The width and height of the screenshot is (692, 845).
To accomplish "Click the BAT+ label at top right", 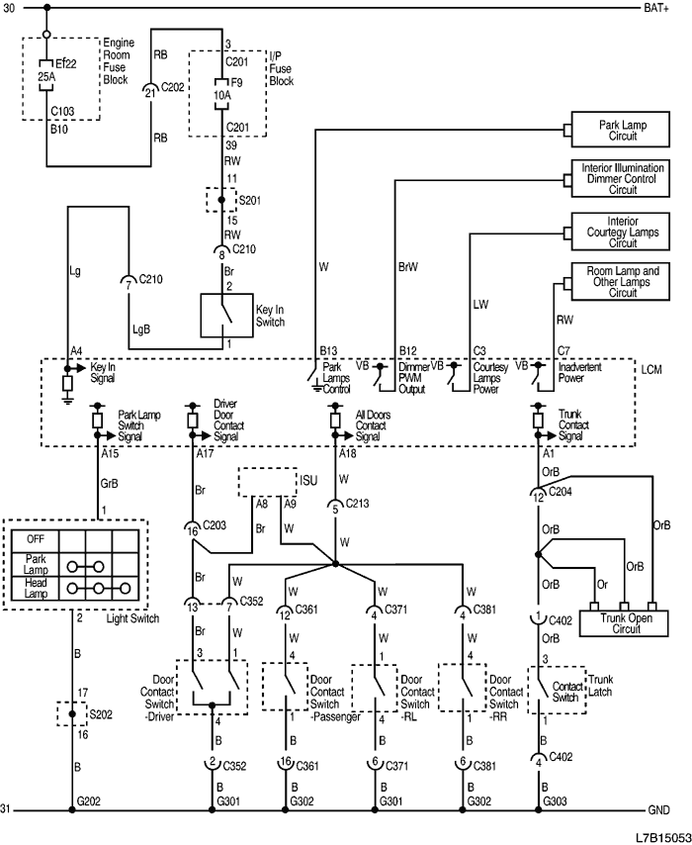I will coord(656,9).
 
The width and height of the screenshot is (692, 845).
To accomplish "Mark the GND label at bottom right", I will coord(658,810).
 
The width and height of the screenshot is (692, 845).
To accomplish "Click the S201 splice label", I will coord(252,201).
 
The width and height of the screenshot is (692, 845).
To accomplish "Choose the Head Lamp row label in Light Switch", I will coord(35,587).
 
